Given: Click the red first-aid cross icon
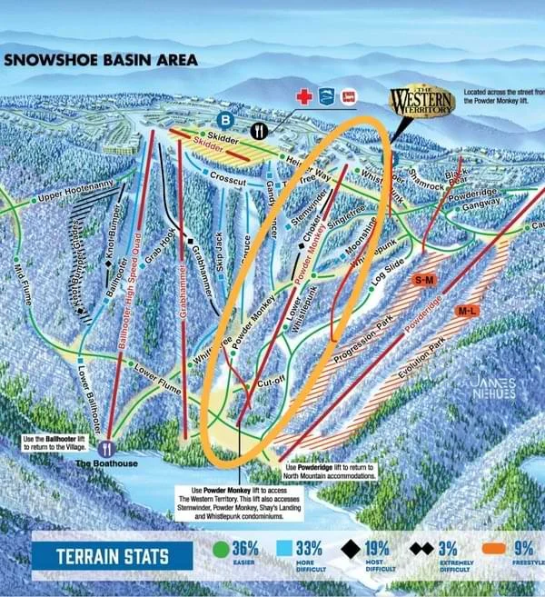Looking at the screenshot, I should click(x=304, y=95).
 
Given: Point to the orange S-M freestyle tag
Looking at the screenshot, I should click(x=424, y=281).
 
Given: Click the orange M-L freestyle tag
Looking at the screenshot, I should click(x=467, y=312).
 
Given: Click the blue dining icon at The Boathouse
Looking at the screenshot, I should click(x=106, y=447).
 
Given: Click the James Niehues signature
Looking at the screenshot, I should click(x=491, y=388).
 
